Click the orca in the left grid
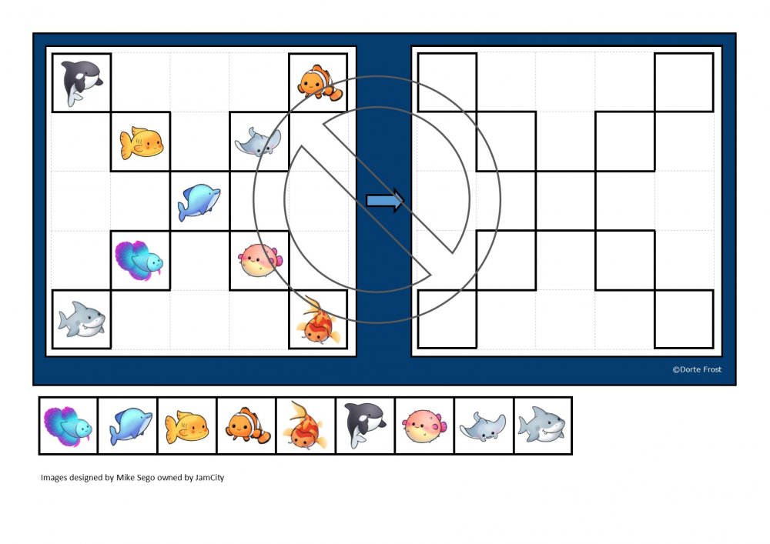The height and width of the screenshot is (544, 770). click(x=82, y=82)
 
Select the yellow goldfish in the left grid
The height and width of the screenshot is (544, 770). click(x=142, y=143)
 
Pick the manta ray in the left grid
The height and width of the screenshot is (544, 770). click(x=258, y=142)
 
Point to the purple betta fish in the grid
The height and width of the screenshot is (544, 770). click(x=139, y=261)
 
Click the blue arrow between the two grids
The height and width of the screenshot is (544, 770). click(x=385, y=201)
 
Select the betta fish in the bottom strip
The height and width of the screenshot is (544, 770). click(x=68, y=426)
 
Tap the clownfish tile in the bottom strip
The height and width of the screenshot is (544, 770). click(x=247, y=426)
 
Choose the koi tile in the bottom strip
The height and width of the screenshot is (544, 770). click(x=306, y=426)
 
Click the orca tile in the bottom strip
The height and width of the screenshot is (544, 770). click(x=365, y=425)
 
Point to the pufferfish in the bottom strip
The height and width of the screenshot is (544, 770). click(x=425, y=426)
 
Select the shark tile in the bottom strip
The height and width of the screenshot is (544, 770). click(x=542, y=425)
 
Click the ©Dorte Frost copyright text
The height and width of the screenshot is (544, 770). click(x=697, y=369)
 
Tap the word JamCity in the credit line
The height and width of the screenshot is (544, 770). click(x=209, y=477)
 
